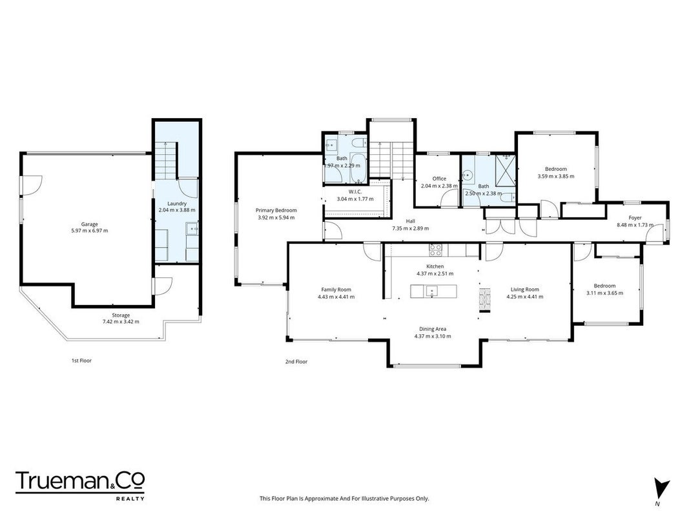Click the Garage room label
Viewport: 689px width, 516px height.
pos(89,224)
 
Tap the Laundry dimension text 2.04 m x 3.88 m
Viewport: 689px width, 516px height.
pos(177,210)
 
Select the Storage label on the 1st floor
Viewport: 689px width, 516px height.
pos(121,315)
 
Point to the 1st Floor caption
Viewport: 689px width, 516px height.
pos(82,361)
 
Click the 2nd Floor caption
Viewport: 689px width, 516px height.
pos(296,362)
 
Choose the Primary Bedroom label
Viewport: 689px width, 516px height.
pos(276,210)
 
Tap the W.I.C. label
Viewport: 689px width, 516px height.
pos(355,192)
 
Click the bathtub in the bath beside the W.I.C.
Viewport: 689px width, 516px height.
pos(358,168)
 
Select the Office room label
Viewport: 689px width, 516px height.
pos(439,179)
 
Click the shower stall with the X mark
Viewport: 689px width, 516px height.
pos(505,170)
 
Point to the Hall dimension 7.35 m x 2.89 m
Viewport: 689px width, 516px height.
pos(411,228)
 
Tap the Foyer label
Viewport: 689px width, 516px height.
pos(635,217)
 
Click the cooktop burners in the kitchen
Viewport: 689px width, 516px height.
pos(435,250)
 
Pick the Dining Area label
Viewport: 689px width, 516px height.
pos(433,329)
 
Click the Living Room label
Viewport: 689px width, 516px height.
pos(524,290)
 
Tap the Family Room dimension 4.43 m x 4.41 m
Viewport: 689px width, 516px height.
pos(336,297)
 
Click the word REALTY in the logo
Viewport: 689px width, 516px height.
pos(130,499)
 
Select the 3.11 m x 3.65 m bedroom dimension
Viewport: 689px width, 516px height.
pos(604,293)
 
